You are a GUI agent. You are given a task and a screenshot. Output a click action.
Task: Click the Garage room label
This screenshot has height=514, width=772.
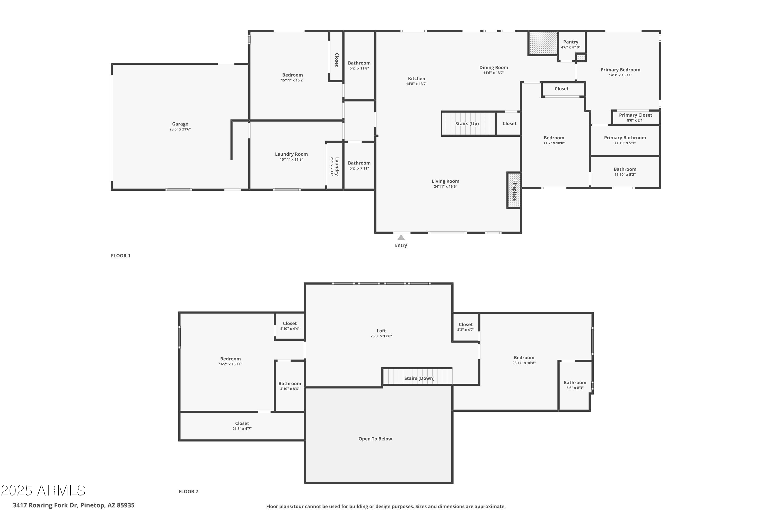[x=180, y=124]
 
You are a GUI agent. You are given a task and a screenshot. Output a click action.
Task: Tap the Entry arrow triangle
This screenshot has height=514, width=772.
[x=401, y=237]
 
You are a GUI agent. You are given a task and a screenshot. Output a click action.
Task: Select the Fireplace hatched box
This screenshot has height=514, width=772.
[x=514, y=190]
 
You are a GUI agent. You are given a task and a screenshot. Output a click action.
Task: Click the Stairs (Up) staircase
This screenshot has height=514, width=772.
[x=468, y=124]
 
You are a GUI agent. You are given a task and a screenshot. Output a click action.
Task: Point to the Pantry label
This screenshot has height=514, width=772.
[x=571, y=42]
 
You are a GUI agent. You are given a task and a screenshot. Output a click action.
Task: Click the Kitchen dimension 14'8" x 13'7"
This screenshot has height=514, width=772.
[x=417, y=84]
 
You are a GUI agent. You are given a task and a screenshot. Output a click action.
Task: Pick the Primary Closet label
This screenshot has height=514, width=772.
[x=635, y=115]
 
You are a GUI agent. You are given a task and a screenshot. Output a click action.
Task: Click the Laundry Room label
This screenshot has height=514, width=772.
[x=291, y=154]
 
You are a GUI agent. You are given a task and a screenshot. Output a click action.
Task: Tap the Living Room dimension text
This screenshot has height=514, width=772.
[x=445, y=187]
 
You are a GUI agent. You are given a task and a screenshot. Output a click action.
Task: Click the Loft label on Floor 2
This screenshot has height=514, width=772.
[x=381, y=331]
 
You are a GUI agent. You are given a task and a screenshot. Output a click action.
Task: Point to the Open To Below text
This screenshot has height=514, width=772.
[x=375, y=439]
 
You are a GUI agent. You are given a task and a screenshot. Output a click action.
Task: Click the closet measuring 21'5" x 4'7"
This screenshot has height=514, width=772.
[x=242, y=426]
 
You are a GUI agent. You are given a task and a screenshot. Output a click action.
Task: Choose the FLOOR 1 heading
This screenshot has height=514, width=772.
[x=120, y=256]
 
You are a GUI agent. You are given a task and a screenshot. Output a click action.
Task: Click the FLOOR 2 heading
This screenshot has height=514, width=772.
[x=188, y=491]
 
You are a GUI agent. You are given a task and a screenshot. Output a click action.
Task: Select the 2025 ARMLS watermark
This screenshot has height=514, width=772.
[x=43, y=490]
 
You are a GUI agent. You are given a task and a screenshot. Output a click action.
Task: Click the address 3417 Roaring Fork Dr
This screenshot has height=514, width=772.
[x=74, y=505]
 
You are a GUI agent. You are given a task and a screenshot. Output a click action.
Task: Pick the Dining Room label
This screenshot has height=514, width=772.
[x=493, y=68]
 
